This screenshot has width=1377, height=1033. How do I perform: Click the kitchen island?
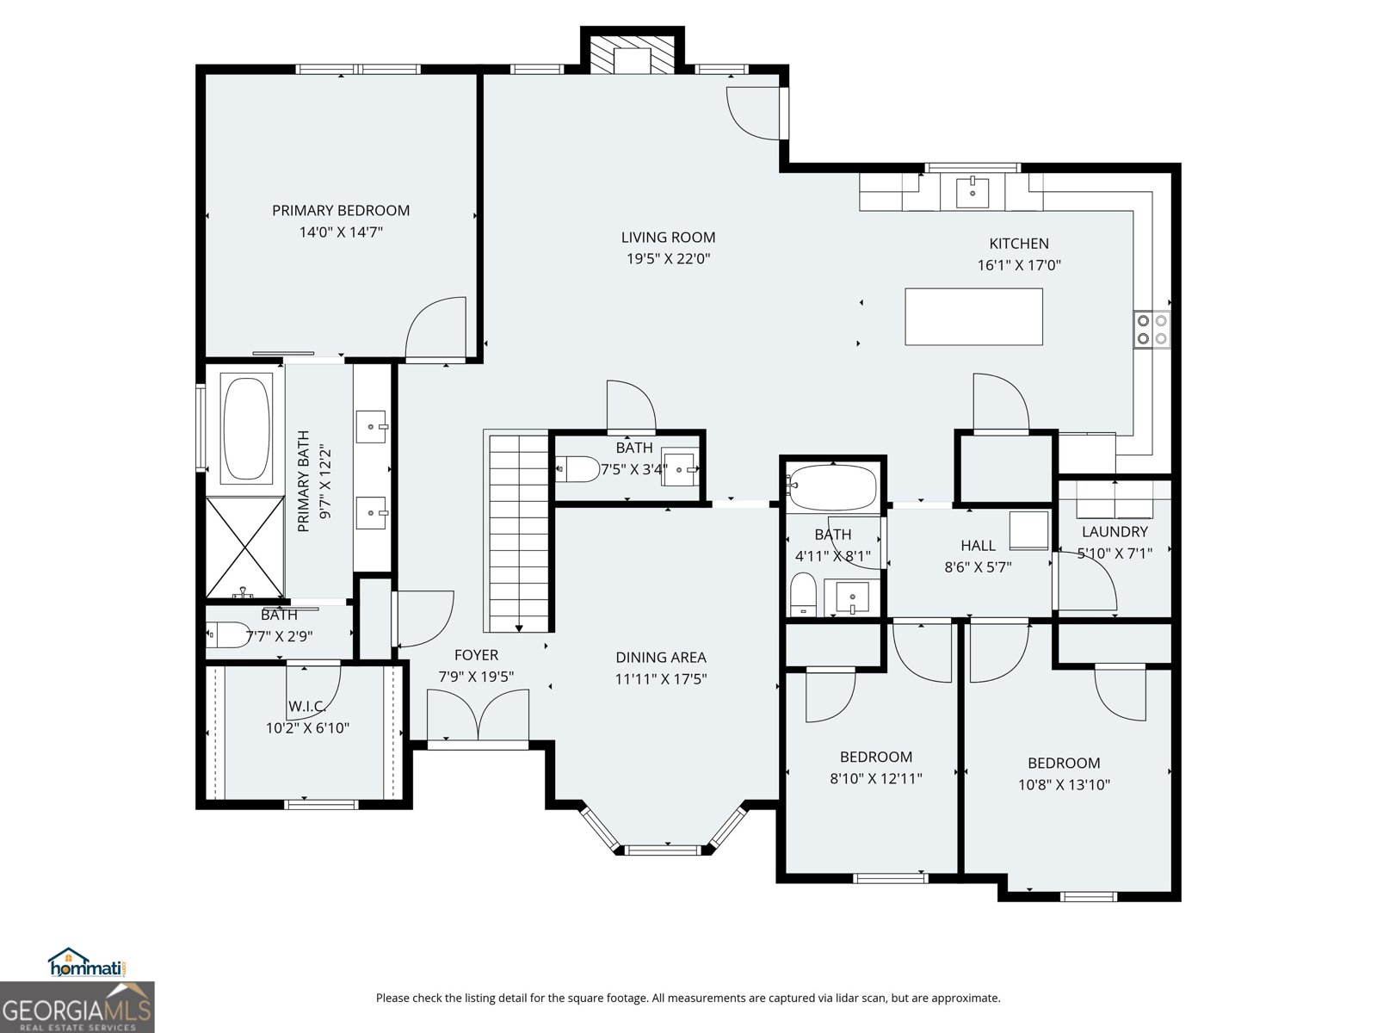coord(973,317)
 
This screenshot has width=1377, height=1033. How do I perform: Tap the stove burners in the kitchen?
coord(1152,329)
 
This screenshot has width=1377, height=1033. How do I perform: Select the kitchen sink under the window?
coord(973,191)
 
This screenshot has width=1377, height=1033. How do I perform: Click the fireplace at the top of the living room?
coord(633,54)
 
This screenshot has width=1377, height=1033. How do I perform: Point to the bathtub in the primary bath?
coord(247,427)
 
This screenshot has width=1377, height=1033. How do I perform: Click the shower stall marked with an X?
coord(245,547)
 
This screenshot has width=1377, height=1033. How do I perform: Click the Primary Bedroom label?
coord(341,210)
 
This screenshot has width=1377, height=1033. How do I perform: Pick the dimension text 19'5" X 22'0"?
coord(668,258)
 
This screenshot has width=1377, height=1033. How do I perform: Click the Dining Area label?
coord(660,657)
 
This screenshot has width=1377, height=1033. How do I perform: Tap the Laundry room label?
coord(1115,531)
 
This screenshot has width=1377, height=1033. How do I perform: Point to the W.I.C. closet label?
coord(307,706)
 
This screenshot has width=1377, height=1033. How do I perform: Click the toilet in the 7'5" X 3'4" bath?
coord(578,469)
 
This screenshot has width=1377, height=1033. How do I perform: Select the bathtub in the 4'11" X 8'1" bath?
coord(832,488)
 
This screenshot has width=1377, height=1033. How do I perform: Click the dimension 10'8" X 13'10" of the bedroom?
coord(1064,784)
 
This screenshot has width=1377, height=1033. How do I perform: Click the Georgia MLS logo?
coord(77,1008)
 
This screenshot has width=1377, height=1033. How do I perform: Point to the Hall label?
coord(978,545)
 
